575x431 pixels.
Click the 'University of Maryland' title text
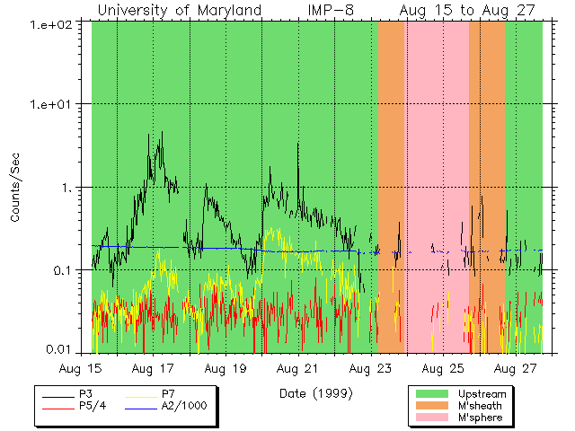tap(179, 10)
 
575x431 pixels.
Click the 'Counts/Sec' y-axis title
tap(15, 188)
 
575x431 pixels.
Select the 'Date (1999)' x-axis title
tap(315, 393)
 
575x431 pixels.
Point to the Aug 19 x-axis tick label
tap(226, 369)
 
